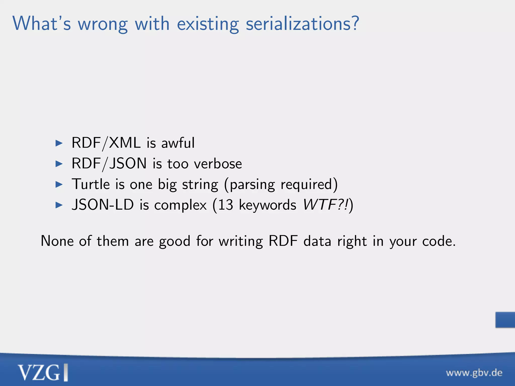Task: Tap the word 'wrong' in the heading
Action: [x=103, y=24]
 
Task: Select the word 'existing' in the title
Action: [x=208, y=24]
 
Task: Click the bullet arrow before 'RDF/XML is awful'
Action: [x=59, y=143]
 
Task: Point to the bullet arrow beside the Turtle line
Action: [x=59, y=184]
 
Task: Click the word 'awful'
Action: [x=178, y=143]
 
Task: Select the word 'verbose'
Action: [x=218, y=164]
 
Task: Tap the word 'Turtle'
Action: [x=91, y=184]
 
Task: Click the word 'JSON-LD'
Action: [x=103, y=205]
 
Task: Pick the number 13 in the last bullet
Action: [x=226, y=205]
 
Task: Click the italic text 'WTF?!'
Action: [x=326, y=205]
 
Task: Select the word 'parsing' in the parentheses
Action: [x=252, y=185]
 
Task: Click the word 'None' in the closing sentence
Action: [x=57, y=241]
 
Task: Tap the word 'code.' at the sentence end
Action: [x=439, y=241]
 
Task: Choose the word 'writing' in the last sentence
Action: [x=241, y=242]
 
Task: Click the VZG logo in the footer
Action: [x=42, y=372]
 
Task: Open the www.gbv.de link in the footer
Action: [x=474, y=373]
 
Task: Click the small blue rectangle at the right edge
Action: [x=505, y=320]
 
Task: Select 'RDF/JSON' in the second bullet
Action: [x=109, y=164]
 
